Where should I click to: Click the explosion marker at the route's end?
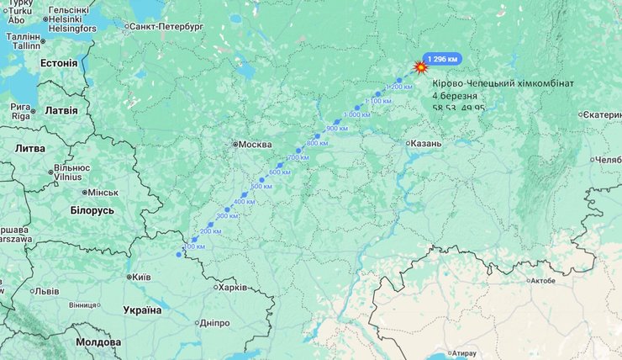click(x=421, y=67)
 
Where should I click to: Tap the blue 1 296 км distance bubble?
click(x=443, y=59)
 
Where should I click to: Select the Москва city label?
click(x=254, y=145)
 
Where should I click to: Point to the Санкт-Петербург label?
click(x=167, y=27)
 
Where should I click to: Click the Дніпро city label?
click(x=214, y=323)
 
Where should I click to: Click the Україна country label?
click(x=142, y=310)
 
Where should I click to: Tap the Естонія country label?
click(x=59, y=63)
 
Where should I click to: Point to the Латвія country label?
click(x=60, y=110)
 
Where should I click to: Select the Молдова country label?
click(x=98, y=343)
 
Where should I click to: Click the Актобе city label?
click(x=541, y=281)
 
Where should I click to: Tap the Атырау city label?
click(x=463, y=352)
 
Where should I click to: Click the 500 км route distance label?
click(x=261, y=186)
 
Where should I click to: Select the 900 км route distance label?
click(x=337, y=128)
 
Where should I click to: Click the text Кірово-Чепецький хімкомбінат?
click(x=503, y=83)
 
